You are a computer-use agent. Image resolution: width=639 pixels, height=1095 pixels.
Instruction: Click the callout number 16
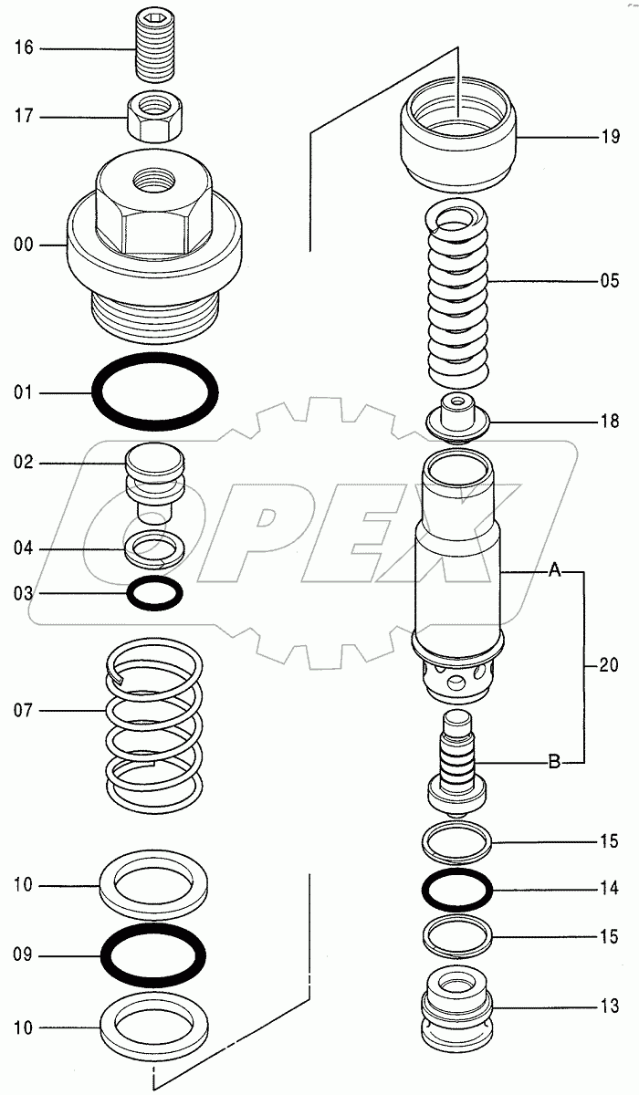pos(24,47)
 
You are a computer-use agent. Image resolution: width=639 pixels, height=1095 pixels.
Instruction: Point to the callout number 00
pos(24,244)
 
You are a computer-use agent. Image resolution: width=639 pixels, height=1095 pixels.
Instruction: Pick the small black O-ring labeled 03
pos(154,594)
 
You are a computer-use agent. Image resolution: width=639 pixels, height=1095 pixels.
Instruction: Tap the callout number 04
pos(24,548)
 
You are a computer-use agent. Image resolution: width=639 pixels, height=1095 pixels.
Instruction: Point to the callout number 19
pos(610,139)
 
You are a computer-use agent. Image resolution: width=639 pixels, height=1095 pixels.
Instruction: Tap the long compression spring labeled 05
pos(462,292)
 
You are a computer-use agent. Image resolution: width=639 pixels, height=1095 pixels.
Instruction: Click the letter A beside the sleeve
pos(553,572)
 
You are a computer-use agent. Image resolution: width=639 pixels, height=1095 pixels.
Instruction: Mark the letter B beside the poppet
pos(553,762)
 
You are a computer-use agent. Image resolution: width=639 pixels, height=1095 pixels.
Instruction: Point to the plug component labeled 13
pos(457,1008)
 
